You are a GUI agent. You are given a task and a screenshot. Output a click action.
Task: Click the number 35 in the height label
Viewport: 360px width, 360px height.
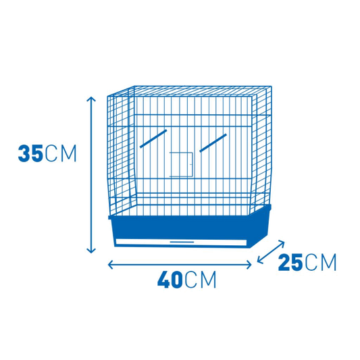point(30,153)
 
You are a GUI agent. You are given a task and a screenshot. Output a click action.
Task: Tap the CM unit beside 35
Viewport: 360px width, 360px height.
point(61,153)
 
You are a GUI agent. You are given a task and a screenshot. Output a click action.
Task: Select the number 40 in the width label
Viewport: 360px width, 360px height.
point(170,280)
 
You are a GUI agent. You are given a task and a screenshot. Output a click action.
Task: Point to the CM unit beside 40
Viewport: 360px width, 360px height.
point(200,280)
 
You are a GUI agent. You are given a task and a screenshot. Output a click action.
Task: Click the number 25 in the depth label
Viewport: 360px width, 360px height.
point(290,262)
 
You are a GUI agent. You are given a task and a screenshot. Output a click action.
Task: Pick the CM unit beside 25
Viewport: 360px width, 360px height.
point(321,262)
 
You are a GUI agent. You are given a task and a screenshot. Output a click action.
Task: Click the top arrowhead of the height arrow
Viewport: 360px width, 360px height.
point(91,99)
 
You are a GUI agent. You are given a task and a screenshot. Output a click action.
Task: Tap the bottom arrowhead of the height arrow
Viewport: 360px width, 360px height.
point(91,251)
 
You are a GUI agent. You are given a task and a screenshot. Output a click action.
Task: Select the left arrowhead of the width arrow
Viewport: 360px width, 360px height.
point(111,265)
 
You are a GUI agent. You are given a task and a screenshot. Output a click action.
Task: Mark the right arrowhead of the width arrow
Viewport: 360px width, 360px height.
point(249,265)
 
